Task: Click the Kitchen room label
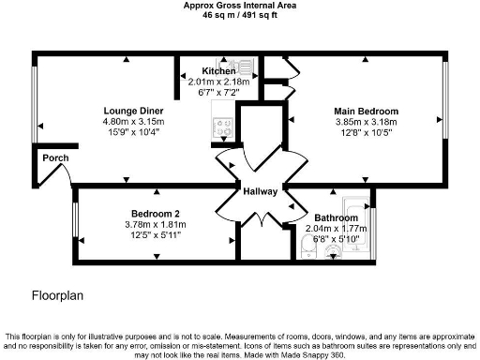click(218, 71)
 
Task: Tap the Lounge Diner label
click(133, 112)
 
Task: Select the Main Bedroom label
click(366, 112)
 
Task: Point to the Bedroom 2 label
click(155, 214)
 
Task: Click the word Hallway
click(260, 192)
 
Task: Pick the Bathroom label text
click(336, 217)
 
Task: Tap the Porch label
click(55, 157)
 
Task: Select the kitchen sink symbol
click(246, 67)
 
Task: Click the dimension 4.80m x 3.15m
click(133, 122)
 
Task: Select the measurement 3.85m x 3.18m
click(366, 122)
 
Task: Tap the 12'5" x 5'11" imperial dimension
click(155, 234)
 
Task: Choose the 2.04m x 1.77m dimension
click(336, 228)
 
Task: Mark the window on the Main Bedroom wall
click(444, 120)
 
